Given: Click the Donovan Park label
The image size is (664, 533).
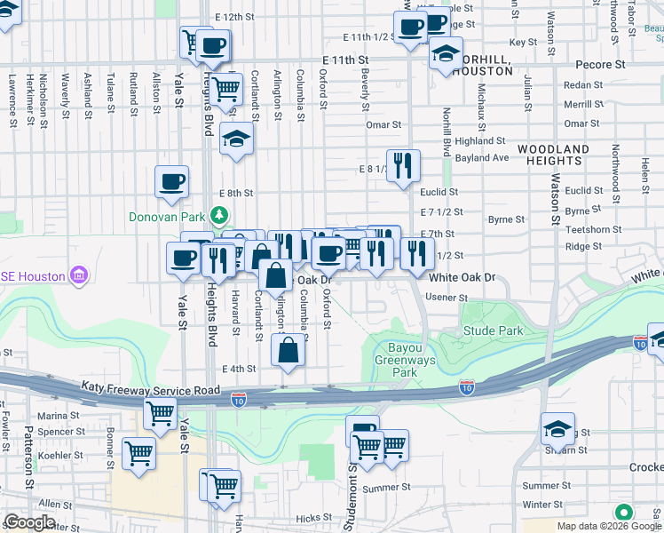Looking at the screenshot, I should (x=167, y=216).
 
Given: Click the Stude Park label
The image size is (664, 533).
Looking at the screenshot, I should (x=493, y=330).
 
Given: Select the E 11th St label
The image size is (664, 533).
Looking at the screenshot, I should (x=345, y=59).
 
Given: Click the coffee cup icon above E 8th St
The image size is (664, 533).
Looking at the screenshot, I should (x=172, y=181).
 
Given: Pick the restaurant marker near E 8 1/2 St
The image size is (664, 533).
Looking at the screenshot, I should (x=403, y=164).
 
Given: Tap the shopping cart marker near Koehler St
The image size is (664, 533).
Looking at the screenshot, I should (x=138, y=452).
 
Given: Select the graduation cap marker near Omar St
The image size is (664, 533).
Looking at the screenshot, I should (x=237, y=139).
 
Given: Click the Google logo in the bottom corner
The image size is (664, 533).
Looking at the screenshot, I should (x=29, y=522).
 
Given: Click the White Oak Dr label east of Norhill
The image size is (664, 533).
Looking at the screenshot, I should (x=461, y=278).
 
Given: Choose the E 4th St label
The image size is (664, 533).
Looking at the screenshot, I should (x=239, y=369).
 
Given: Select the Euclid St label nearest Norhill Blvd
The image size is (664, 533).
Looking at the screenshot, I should (x=439, y=192).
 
